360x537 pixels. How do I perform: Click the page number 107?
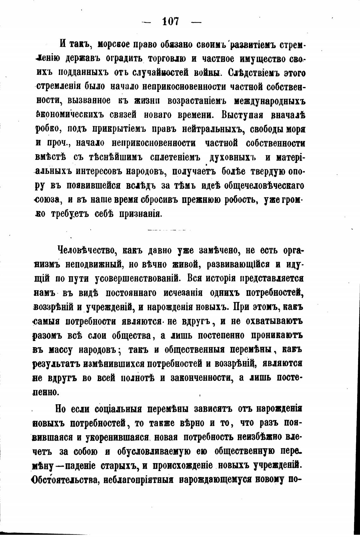(x=171, y=22)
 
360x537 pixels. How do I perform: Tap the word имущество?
(x=264, y=59)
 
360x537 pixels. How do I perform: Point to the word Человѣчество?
(x=83, y=251)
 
